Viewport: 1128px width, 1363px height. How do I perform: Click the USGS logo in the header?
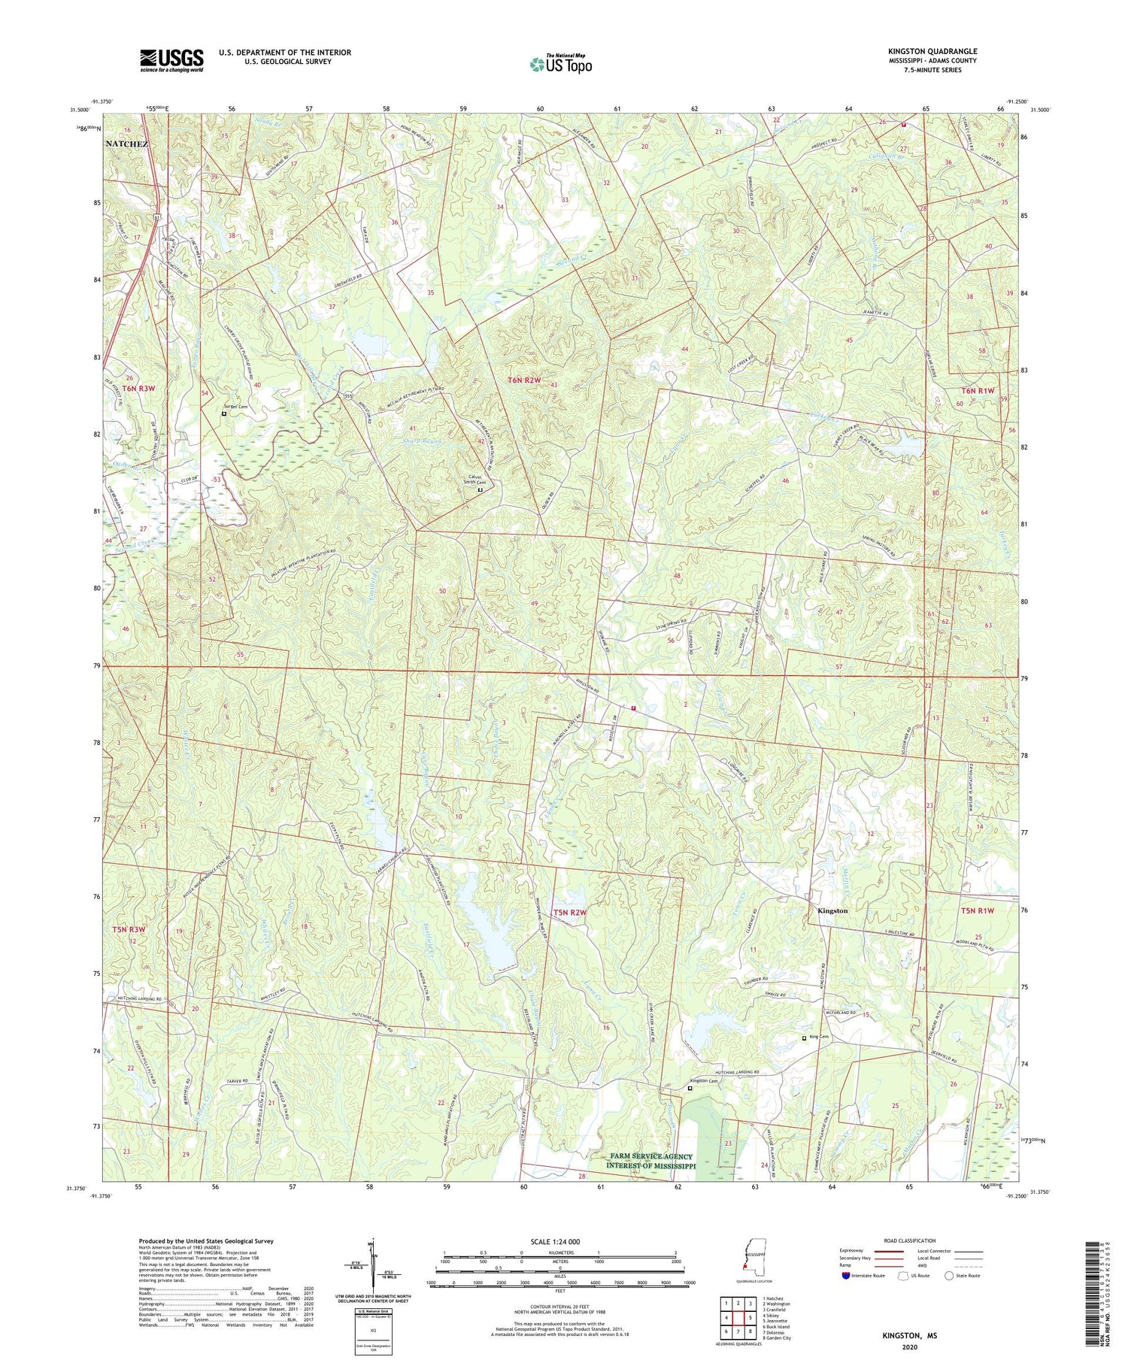pyautogui.click(x=171, y=60)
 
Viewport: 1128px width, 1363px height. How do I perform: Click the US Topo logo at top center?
pyautogui.click(x=560, y=64)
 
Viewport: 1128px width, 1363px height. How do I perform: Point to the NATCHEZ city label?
pyautogui.click(x=126, y=143)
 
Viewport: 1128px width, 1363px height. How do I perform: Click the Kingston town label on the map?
pyautogui.click(x=832, y=910)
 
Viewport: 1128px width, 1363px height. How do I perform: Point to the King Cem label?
pyautogui.click(x=818, y=1037)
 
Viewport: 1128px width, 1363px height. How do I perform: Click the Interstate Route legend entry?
pyautogui.click(x=866, y=1276)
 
